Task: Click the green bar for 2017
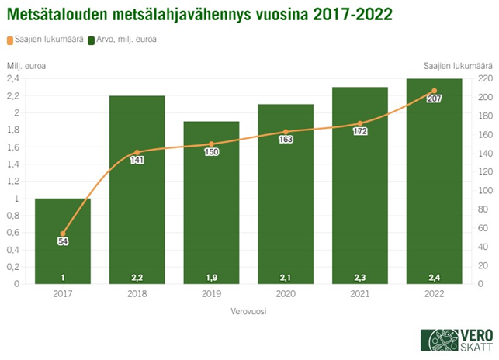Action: [x=63, y=241]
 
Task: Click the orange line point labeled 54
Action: [x=63, y=233]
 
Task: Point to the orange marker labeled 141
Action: [x=137, y=152]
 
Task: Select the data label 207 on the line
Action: [x=434, y=99]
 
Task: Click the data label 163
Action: [x=286, y=141]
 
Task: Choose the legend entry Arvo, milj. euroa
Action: [x=128, y=39]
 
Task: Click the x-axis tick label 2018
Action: [x=137, y=294]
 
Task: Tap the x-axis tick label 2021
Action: [x=359, y=294]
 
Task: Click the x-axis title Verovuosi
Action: [x=248, y=312]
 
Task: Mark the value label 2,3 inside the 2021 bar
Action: [x=359, y=277]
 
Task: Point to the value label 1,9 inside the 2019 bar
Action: [x=211, y=277]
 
